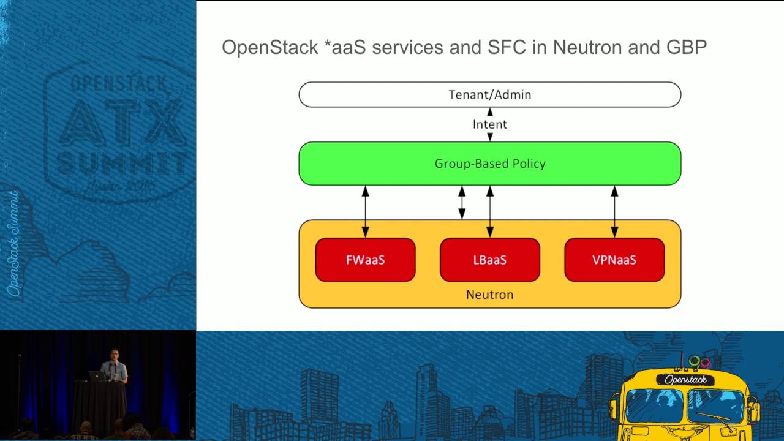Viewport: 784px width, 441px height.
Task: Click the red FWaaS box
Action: click(365, 260)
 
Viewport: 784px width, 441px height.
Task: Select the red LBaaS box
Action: click(490, 260)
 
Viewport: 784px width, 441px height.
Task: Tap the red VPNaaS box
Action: click(614, 260)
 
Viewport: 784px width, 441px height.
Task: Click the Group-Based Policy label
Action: click(490, 164)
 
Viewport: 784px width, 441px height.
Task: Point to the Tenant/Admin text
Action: click(490, 95)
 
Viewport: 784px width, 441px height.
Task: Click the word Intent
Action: click(490, 124)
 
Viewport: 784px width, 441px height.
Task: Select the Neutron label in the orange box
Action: click(490, 295)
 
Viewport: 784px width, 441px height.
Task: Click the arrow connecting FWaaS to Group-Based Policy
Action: click(366, 211)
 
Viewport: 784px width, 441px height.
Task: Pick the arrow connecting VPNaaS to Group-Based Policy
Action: click(614, 211)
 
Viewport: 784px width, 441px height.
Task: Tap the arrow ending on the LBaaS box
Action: click(490, 211)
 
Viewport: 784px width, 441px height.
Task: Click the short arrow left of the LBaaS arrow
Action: click(462, 203)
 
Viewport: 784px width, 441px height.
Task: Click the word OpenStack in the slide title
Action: click(270, 47)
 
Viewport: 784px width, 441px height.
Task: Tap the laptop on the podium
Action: click(97, 376)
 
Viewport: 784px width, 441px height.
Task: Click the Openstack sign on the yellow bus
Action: click(685, 380)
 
